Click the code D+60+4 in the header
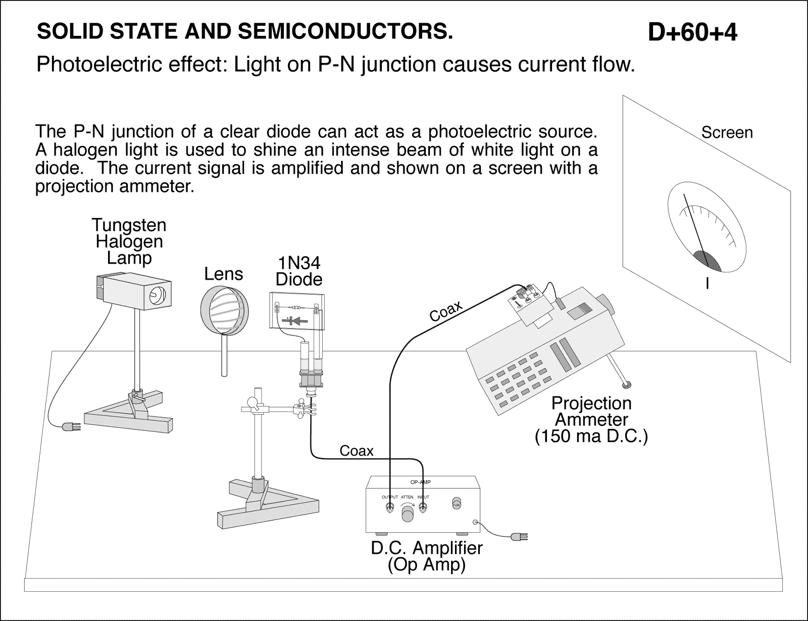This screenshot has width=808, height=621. point(692,32)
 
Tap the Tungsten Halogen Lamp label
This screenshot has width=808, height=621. point(129,241)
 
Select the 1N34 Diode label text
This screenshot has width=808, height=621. point(299,271)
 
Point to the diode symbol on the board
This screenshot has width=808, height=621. point(296,320)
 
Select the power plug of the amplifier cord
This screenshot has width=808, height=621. point(519,536)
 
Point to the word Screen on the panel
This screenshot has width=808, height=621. point(727,133)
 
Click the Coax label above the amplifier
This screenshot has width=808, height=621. point(356,450)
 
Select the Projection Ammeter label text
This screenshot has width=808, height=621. point(591,411)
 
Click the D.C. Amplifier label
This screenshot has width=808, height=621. point(427,548)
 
